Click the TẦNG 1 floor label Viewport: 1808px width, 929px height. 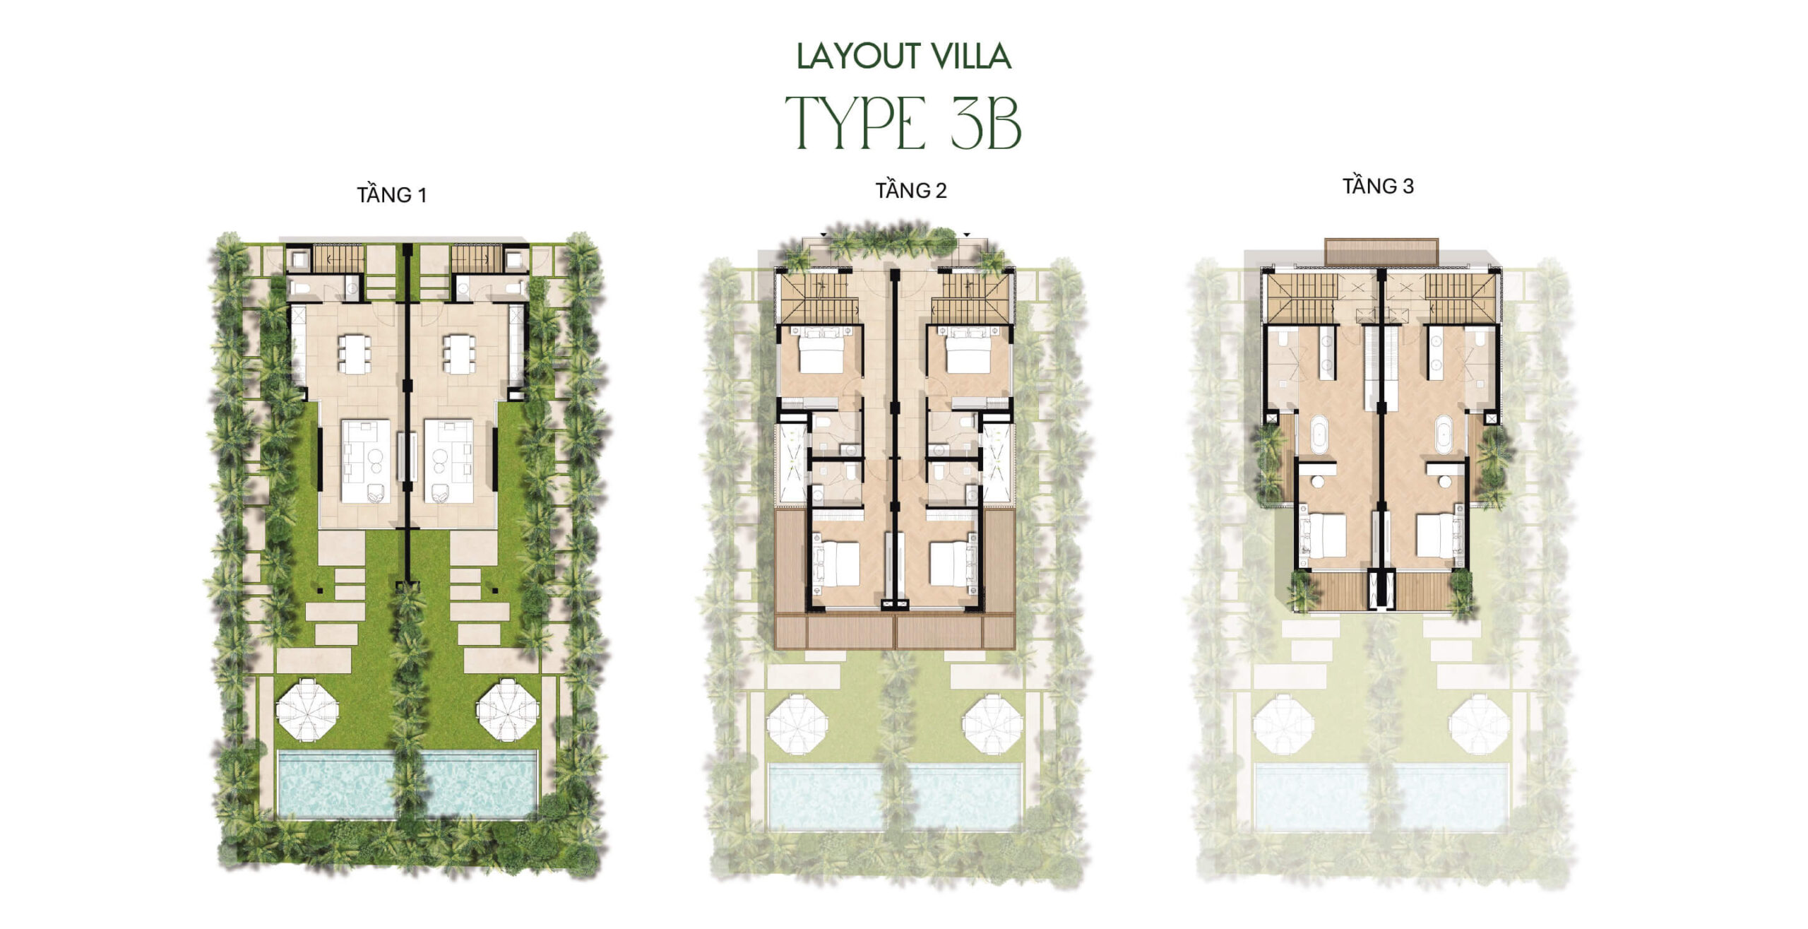click(392, 194)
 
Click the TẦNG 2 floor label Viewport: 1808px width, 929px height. click(911, 190)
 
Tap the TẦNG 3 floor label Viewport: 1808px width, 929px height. click(1378, 186)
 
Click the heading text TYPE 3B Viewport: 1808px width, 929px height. click(903, 124)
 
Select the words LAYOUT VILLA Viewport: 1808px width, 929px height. click(904, 57)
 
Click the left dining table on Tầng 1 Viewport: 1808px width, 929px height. click(354, 353)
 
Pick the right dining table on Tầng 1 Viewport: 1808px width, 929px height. click(459, 353)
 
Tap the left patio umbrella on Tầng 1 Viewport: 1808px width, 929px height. click(306, 709)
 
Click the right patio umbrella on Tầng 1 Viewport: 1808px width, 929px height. click(507, 709)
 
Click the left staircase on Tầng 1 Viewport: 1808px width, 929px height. click(338, 259)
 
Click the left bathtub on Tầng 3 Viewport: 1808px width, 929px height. click(1320, 435)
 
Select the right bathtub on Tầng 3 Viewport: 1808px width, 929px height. click(1443, 435)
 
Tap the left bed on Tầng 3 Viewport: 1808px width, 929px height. click(1323, 535)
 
